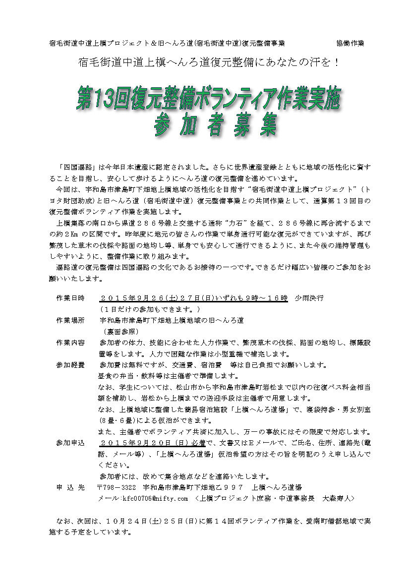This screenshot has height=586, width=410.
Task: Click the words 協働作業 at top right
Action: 350,44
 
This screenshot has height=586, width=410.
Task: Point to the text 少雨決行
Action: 309,298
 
